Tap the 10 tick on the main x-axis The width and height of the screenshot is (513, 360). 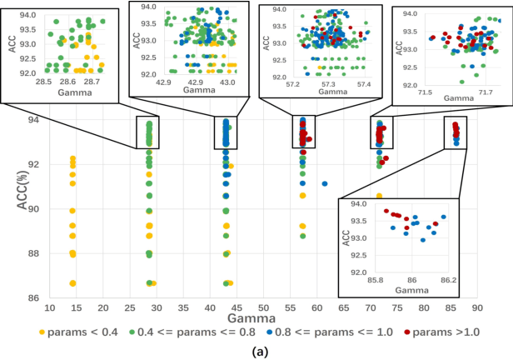tap(51, 307)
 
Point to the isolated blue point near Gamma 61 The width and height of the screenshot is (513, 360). tap(324, 183)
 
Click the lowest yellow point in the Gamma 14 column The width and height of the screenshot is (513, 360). tap(73, 283)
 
